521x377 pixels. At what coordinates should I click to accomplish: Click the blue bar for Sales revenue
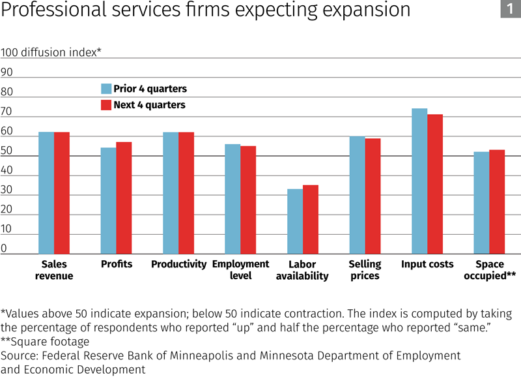[46, 193]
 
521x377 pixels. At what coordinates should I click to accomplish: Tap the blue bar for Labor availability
[295, 221]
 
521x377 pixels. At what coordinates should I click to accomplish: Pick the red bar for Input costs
[435, 184]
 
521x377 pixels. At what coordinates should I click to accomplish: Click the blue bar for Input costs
[419, 181]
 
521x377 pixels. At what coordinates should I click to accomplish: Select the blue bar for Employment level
[232, 199]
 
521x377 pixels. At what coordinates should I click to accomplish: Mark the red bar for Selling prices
[373, 196]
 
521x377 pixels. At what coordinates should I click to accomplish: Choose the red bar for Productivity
[186, 193]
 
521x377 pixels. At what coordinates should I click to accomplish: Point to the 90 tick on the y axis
[7, 72]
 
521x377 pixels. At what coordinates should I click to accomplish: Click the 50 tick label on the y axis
[7, 151]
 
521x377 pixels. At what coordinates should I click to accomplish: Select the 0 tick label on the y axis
[4, 249]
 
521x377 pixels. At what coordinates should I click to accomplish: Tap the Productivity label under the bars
[178, 264]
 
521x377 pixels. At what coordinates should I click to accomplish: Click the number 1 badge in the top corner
[508, 10]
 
